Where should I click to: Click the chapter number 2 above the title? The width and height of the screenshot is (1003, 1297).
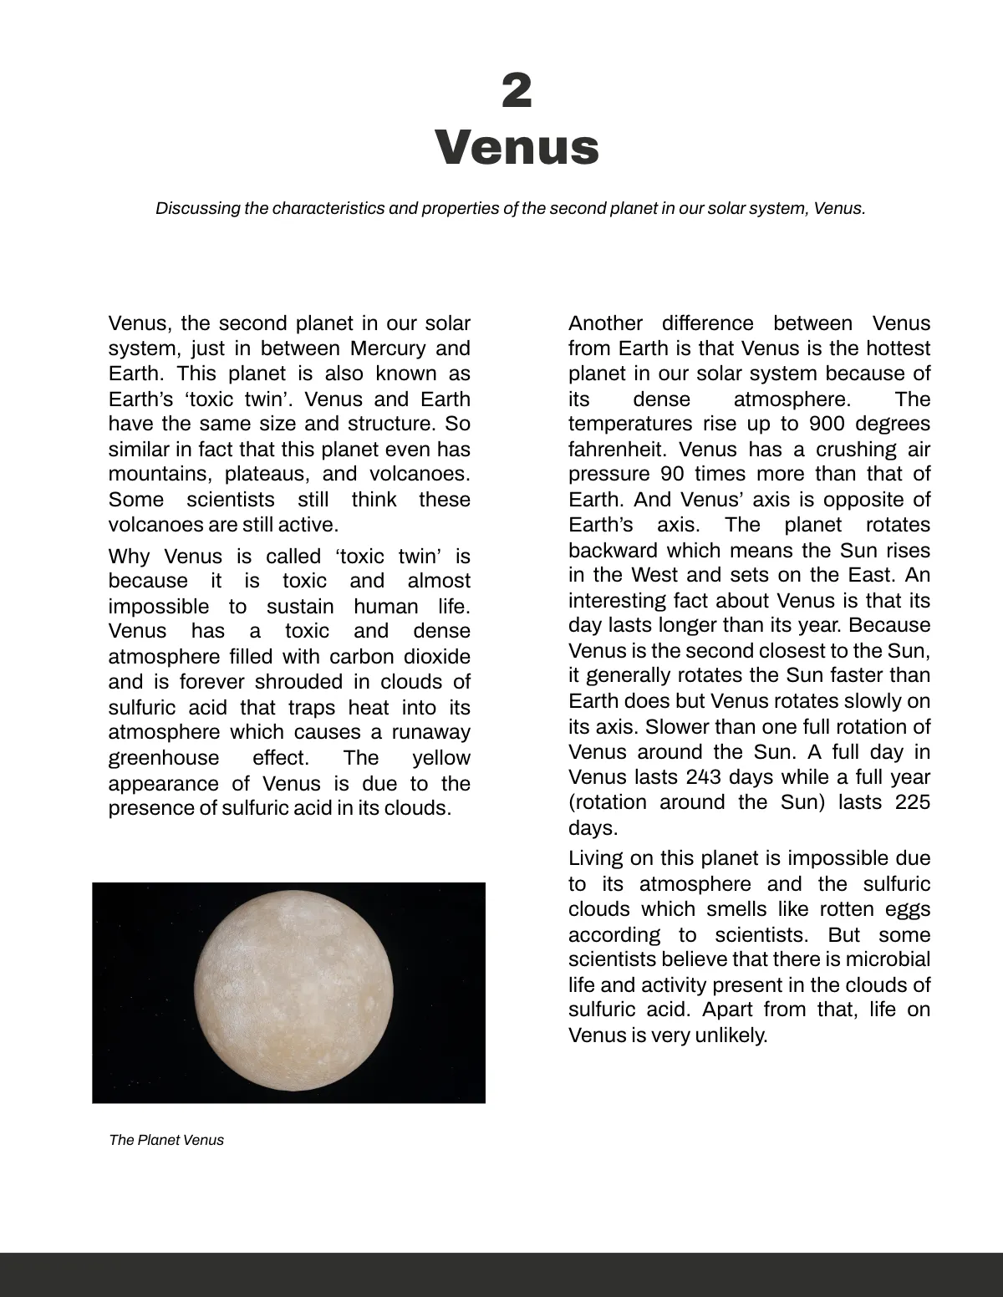[x=517, y=91]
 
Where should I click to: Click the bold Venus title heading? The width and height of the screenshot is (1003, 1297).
[x=517, y=147]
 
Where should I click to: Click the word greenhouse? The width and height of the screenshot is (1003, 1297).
[x=164, y=758]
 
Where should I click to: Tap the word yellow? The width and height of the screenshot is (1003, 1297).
[x=441, y=758]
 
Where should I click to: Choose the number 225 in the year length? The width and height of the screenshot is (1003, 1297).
[x=912, y=802]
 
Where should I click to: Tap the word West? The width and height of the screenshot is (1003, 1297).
[x=655, y=575]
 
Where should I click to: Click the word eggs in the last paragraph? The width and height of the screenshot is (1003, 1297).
[x=907, y=909]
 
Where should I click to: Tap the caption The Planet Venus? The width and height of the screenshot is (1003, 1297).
[x=166, y=1140]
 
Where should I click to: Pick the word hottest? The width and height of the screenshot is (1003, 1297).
[x=898, y=348]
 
